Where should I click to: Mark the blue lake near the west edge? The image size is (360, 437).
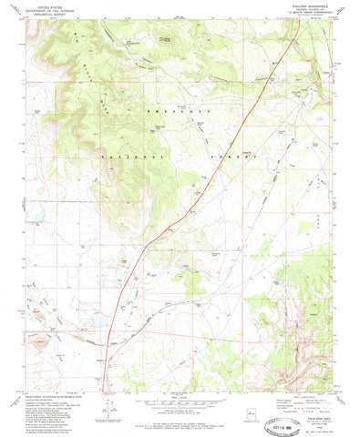(x=38, y=217)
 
